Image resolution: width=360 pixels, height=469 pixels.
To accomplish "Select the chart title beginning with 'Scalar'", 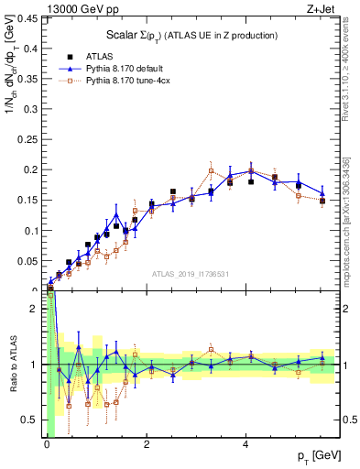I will click(x=192, y=36).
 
